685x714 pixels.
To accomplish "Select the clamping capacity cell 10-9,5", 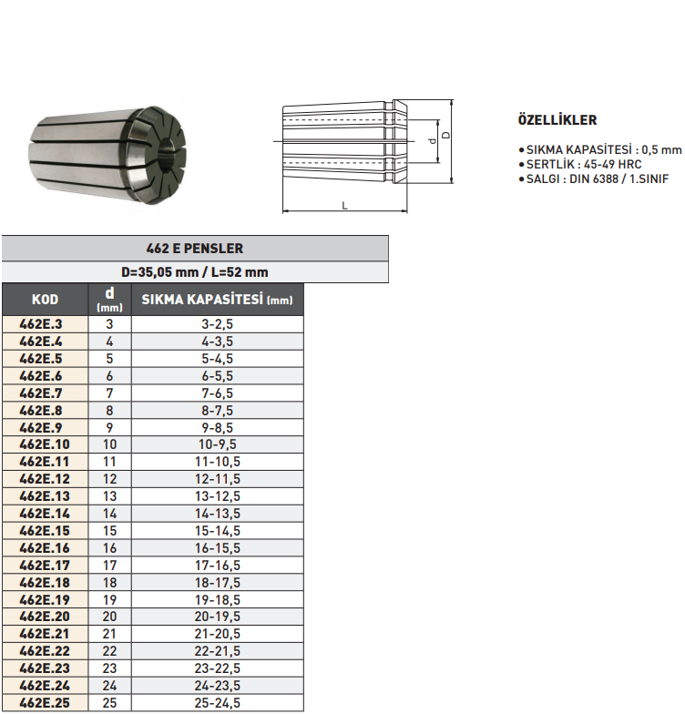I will (218, 444).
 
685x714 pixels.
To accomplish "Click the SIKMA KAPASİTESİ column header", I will (218, 300).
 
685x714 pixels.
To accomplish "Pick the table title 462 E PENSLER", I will (195, 248).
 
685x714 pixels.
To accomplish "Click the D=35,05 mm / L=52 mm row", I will (195, 271).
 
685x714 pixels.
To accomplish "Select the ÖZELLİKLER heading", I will (557, 120).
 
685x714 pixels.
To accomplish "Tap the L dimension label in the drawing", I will (344, 205).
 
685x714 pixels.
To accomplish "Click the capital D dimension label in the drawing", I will (445, 135).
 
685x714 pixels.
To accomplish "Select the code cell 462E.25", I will (44, 702).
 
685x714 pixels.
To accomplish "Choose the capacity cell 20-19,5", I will (218, 617).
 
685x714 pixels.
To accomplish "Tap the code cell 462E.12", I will (44, 479).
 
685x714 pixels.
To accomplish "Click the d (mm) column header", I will (109, 300).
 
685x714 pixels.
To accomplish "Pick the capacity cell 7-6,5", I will (218, 393).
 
